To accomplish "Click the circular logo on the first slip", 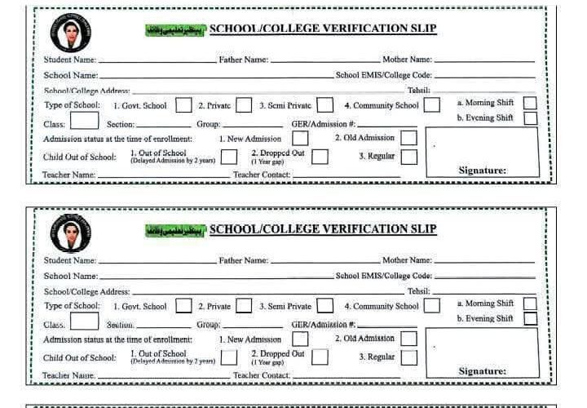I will coord(71,32).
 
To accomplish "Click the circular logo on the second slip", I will coord(71,233).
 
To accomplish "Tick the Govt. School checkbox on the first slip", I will coord(184,105).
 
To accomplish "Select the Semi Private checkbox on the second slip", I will coord(325,306).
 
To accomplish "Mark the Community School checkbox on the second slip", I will coord(432,306).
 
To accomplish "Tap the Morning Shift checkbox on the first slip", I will coord(530,103).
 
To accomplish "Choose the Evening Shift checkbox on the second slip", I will coord(530,319).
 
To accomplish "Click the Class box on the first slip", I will coord(84,122).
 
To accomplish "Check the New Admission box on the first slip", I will coord(300,139).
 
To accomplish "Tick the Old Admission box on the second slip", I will coord(408,339).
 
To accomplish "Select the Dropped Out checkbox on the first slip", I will coord(320,156).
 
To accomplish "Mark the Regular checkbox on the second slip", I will coord(408,357).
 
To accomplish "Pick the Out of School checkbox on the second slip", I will coord(229,357).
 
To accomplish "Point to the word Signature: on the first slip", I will coord(483,171).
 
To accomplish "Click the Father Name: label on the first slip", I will coord(243,60).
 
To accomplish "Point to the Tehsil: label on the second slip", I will coord(418,291).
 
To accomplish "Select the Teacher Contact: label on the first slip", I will coord(262,175).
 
